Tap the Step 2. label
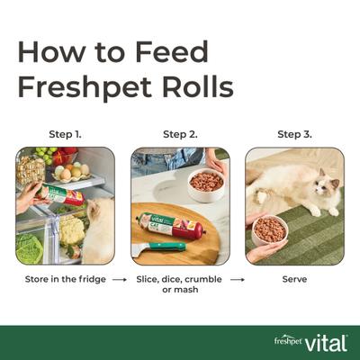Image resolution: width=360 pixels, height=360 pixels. (179, 134)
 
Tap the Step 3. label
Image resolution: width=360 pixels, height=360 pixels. (294, 134)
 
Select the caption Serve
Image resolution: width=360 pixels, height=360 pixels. (294, 279)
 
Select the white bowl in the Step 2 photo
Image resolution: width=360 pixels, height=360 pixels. (207, 185)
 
